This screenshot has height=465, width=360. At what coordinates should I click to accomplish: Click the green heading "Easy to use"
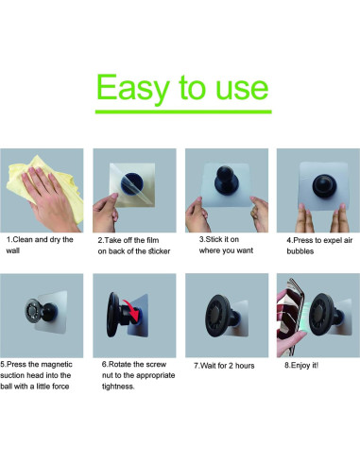point(181,88)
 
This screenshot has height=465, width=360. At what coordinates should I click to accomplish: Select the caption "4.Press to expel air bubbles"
point(314,246)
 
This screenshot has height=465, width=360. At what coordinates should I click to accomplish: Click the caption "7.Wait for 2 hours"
point(224,364)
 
